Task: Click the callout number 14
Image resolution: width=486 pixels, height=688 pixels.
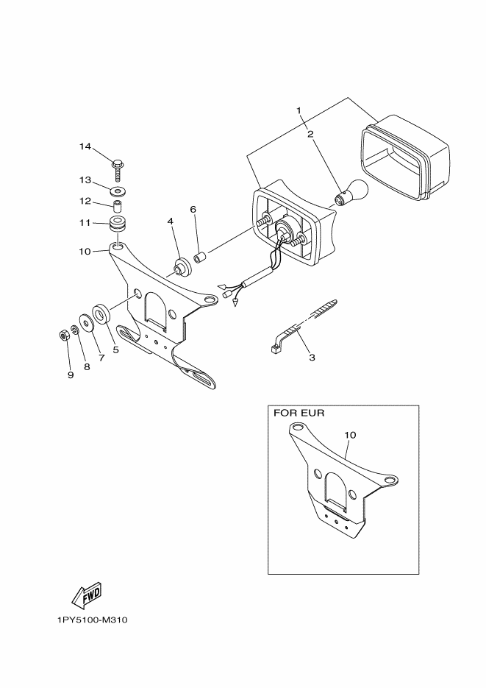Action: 85,147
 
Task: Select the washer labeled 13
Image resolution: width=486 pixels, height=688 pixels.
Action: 117,191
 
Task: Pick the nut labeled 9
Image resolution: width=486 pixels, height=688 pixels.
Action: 63,336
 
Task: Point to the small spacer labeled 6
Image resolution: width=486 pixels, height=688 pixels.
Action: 199,258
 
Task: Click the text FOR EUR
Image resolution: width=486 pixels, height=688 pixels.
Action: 299,413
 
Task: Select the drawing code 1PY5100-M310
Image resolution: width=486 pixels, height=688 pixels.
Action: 92,620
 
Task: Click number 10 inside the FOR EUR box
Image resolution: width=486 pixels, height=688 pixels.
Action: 350,435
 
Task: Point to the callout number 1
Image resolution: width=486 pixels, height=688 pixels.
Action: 300,110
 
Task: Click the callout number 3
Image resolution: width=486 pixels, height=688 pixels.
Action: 312,358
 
